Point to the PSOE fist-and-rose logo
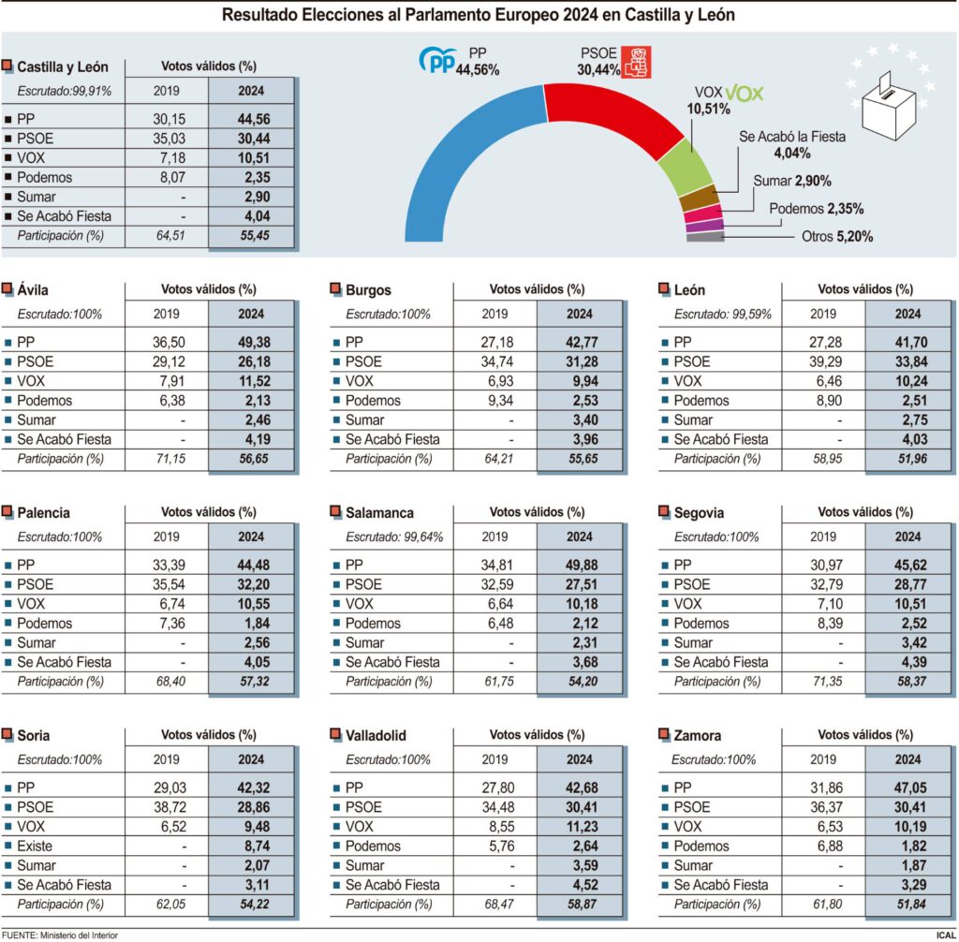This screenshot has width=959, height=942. coord(638,63)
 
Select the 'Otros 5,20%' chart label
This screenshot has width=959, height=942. coord(837,237)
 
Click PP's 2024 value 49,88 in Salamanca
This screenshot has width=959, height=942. coord(579,565)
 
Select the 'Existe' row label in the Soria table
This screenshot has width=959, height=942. coord(35,846)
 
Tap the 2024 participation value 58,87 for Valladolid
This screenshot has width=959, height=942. coord(579,905)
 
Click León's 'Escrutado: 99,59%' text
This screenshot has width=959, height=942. coord(722,315)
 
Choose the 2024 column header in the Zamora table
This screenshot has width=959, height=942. coord(907,760)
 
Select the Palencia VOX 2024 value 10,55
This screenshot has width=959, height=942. coord(250,604)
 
